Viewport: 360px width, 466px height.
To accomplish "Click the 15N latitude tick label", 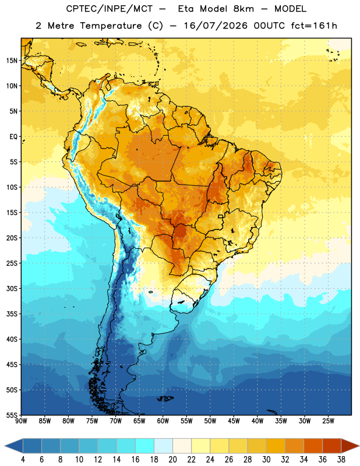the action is tap(12, 61).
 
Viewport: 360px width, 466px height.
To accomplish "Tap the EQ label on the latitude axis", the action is tap(13, 137).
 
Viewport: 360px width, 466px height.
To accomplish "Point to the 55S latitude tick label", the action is tap(12, 415).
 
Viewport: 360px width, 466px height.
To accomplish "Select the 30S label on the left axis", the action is tap(12, 288).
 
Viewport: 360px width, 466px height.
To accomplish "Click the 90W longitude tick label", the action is tap(21, 421).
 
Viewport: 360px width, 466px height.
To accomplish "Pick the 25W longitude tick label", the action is tap(328, 421).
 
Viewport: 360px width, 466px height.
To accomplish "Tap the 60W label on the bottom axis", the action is tap(163, 421).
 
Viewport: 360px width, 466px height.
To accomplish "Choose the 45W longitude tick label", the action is tap(234, 421).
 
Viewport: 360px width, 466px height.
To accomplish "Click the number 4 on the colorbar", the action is tap(23, 460).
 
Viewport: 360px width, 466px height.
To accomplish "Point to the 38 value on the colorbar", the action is tap(341, 460).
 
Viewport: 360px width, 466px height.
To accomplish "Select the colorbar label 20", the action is tap(172, 460).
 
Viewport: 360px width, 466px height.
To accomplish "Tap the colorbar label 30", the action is tap(266, 460).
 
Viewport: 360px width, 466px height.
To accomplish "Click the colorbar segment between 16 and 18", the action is tap(145, 446).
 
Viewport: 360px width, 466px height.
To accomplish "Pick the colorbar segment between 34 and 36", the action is tap(313, 446).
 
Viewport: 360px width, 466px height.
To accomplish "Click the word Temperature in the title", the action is tap(111, 26).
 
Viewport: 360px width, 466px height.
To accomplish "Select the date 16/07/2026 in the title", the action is tap(216, 26).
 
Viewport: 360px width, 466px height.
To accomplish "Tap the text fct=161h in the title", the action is tap(314, 26).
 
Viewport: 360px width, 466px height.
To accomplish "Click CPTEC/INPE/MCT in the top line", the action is tap(109, 9).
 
